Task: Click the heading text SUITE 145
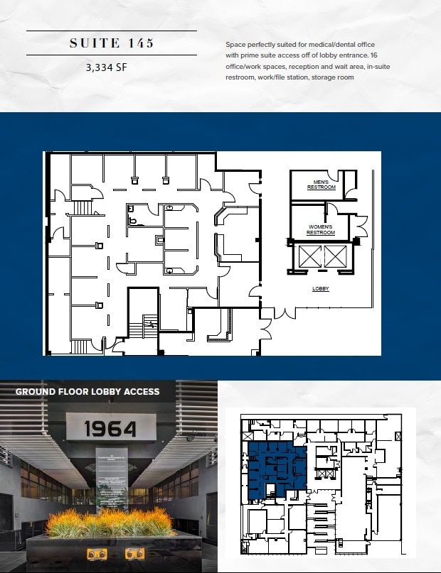point(112,43)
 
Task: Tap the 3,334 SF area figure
point(112,69)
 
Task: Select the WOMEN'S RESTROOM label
point(321,230)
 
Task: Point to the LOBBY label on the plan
point(321,289)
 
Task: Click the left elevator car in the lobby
point(310,256)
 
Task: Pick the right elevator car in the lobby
point(334,256)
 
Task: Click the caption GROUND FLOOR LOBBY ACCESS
point(87,391)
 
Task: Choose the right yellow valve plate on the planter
point(132,553)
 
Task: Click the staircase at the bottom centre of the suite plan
point(147,328)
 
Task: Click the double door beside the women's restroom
point(361,227)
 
